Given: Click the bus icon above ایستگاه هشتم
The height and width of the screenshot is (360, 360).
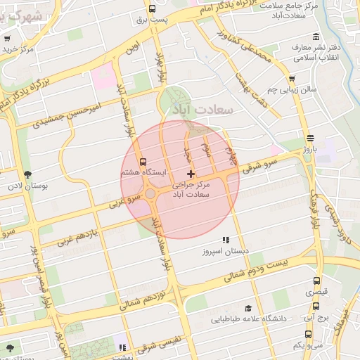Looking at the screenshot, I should (143, 162).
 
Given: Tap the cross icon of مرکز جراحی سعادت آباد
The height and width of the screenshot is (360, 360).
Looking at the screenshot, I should (191, 173).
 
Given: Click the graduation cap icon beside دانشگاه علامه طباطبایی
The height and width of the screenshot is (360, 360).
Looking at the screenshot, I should (247, 308).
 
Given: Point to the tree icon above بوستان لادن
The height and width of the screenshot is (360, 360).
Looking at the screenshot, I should (27, 174).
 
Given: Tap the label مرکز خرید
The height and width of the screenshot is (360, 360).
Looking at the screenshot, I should (18, 50).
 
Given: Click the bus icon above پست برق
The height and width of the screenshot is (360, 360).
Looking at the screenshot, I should (153, 9).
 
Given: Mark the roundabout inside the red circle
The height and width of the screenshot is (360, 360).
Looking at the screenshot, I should (150, 194).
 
